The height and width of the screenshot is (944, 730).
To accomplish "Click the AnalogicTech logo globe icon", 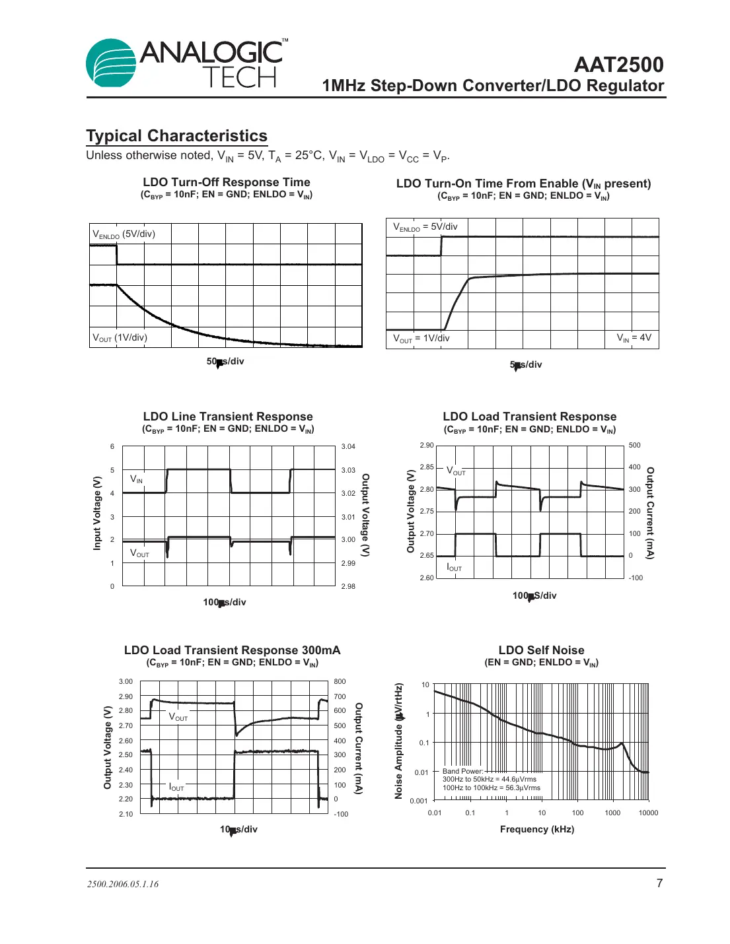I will [110, 63].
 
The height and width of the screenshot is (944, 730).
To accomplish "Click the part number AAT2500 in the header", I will [618, 65].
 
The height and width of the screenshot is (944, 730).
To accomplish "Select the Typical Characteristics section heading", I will [176, 136].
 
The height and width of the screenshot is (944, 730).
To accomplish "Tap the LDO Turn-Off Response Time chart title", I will [227, 182].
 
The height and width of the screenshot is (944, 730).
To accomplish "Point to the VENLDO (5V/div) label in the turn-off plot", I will [124, 234].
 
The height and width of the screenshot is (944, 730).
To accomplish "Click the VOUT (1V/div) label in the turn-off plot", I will [120, 338].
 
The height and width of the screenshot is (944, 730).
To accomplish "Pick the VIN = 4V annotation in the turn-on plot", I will [634, 338].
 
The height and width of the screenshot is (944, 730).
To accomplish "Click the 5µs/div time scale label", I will [526, 365].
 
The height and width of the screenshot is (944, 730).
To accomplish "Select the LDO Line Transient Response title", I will [228, 417].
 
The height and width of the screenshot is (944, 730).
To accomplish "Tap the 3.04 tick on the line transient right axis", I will [348, 447].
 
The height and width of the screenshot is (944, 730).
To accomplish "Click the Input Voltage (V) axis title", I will [97, 513].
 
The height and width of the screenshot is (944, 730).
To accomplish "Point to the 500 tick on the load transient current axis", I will [634, 446].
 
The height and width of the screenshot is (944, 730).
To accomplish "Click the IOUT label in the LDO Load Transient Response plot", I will [455, 567].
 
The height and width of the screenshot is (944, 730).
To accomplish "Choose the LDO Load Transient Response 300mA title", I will [232, 650].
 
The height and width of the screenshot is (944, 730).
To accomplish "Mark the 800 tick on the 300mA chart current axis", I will [340, 681].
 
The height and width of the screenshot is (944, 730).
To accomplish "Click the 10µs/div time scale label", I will [238, 830].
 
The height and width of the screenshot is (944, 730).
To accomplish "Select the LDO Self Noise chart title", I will [541, 650].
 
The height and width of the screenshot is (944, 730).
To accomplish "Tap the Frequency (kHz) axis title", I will [536, 830].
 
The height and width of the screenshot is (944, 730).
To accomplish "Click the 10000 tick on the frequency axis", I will [648, 813].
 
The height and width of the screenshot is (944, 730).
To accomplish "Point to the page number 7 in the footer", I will [659, 883].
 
